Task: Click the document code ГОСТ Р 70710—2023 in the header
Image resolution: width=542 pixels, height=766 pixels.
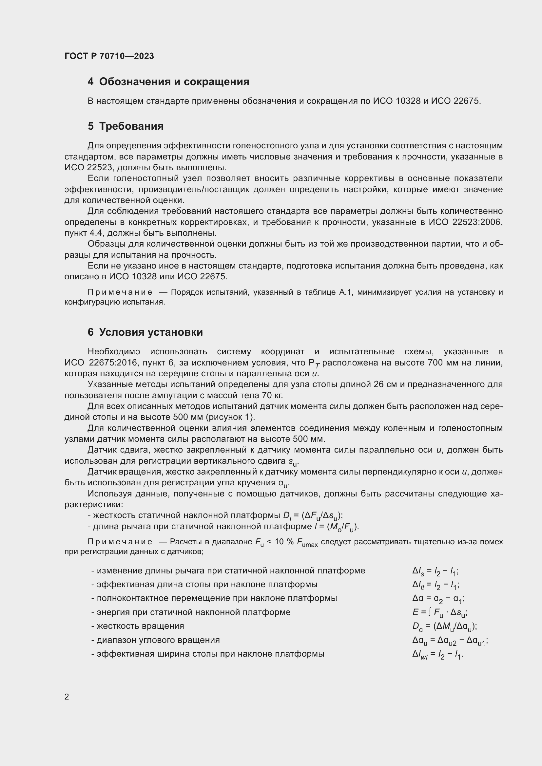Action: [x=109, y=56]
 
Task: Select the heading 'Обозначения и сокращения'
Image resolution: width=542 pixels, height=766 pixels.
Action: [x=174, y=82]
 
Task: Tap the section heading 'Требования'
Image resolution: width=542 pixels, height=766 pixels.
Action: [x=131, y=126]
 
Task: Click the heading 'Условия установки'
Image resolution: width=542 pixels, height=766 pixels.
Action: [x=151, y=332]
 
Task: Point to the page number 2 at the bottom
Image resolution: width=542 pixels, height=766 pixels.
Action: [x=67, y=697]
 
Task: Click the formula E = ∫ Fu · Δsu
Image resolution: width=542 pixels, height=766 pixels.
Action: [x=439, y=612]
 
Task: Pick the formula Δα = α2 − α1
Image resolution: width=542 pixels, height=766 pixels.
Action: [x=438, y=599]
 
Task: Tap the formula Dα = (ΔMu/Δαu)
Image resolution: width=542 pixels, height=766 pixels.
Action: [x=445, y=626]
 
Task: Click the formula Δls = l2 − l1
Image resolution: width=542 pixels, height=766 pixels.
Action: [x=435, y=571]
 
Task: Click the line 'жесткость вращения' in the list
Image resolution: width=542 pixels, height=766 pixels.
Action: [x=140, y=626]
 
